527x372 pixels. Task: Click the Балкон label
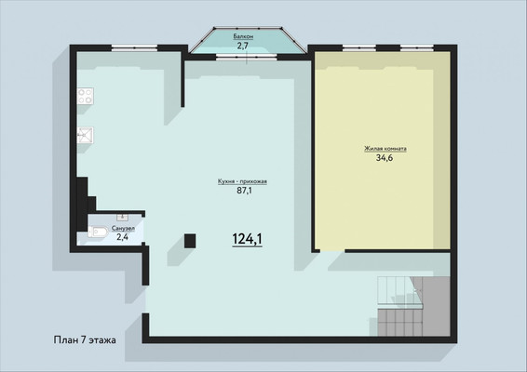pyautogui.click(x=243, y=36)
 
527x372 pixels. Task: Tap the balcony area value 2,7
pyautogui.click(x=243, y=46)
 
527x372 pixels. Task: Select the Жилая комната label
pyautogui.click(x=385, y=149)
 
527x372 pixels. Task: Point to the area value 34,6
pyautogui.click(x=385, y=158)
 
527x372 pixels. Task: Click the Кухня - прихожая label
pyautogui.click(x=242, y=181)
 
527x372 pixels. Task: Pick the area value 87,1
pyautogui.click(x=245, y=191)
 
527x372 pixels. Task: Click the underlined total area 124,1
pyautogui.click(x=248, y=239)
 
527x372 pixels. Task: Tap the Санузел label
pyautogui.click(x=123, y=229)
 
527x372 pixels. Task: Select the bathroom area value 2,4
pyautogui.click(x=122, y=237)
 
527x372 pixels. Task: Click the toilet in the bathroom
pyautogui.click(x=98, y=232)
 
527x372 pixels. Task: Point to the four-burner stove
pyautogui.click(x=85, y=96)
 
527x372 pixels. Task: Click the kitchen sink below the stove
pyautogui.click(x=85, y=135)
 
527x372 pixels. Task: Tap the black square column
pyautogui.click(x=190, y=241)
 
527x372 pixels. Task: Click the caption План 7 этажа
pyautogui.click(x=85, y=340)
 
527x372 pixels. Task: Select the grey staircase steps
pyautogui.click(x=413, y=306)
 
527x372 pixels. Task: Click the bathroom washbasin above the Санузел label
pyautogui.click(x=122, y=218)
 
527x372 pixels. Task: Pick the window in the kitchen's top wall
pyautogui.click(x=134, y=48)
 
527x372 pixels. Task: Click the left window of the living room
pyautogui.click(x=359, y=48)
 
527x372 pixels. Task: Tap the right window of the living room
pyautogui.click(x=417, y=48)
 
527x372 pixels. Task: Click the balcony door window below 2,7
pyautogui.click(x=247, y=57)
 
